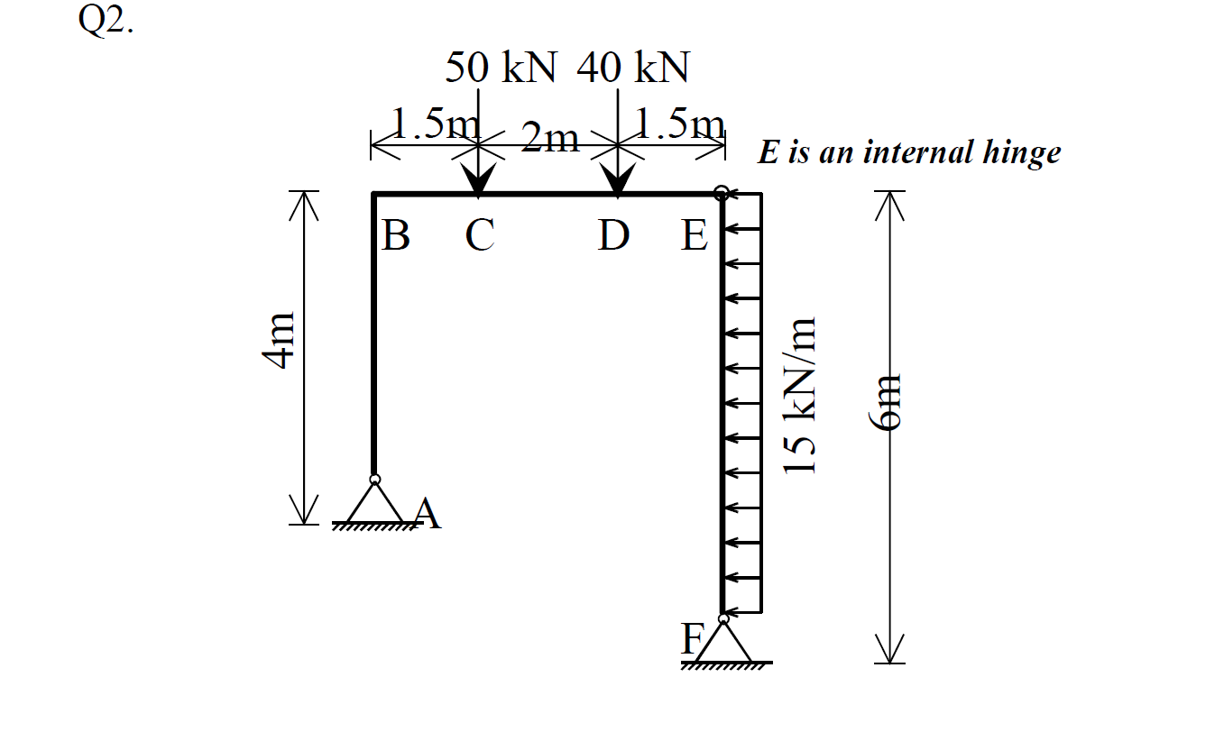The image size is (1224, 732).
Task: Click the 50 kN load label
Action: click(502, 68)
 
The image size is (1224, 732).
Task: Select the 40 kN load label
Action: click(633, 68)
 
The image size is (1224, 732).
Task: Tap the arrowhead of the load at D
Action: click(617, 181)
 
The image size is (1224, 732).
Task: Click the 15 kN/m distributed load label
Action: click(799, 397)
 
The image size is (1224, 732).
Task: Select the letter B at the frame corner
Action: click(395, 236)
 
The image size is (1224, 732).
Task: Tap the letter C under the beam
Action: click(479, 236)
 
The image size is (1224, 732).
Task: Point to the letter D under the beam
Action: click(613, 236)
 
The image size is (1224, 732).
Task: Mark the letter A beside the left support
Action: click(428, 516)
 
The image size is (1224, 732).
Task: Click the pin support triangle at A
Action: click(375, 506)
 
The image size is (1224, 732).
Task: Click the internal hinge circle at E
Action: click(722, 192)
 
